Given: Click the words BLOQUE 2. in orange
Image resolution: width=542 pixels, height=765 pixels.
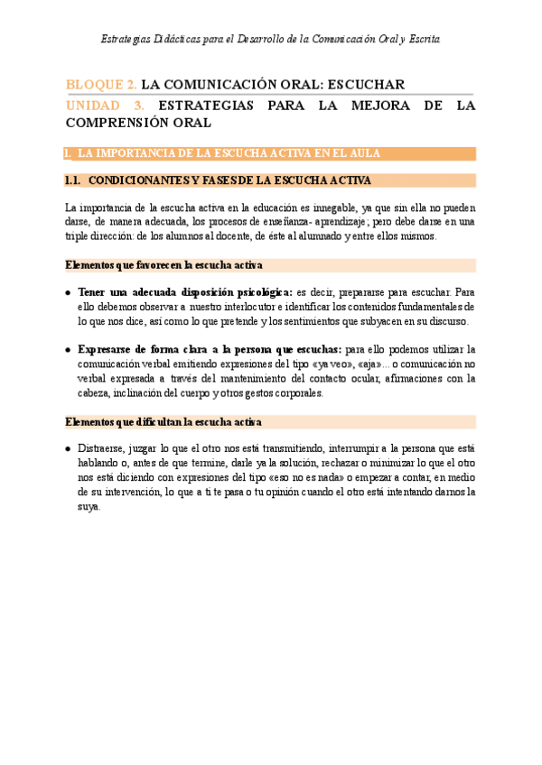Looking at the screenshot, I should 101,85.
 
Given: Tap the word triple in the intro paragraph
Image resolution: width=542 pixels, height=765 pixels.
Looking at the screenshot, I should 80,236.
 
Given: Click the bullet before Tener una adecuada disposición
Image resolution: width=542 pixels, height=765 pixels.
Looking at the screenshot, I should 70,293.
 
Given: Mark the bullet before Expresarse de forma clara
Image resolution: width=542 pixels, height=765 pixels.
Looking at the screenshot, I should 70,350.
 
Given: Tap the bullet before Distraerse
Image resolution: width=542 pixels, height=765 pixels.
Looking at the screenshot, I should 70,449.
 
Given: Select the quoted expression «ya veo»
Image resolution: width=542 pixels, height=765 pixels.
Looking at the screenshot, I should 355,364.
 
